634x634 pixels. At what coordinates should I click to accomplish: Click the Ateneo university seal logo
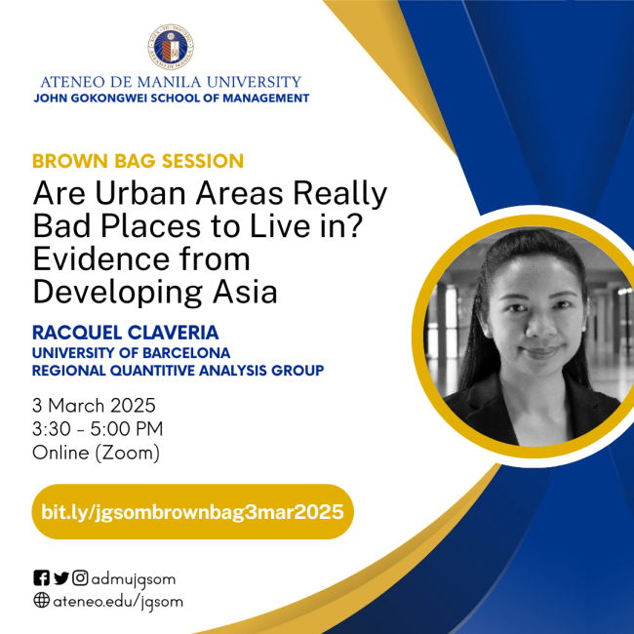(x=171, y=46)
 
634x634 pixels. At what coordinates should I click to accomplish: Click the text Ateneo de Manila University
(x=171, y=82)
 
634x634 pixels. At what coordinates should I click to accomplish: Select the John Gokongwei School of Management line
(x=171, y=99)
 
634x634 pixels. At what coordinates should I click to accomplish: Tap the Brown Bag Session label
(x=138, y=161)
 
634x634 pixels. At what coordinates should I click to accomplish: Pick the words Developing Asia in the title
(x=155, y=292)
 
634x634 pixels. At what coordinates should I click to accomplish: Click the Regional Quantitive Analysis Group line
(x=178, y=371)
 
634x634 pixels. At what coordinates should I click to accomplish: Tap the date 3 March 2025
(x=94, y=405)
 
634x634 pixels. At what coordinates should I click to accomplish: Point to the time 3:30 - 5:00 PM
(x=98, y=428)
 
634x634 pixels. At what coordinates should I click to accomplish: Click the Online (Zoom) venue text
(x=96, y=453)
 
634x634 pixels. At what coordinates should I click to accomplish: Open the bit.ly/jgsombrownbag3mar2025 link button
(x=192, y=511)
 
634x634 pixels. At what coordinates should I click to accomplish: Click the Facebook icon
(x=41, y=578)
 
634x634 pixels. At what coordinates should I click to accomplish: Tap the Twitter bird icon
(x=60, y=578)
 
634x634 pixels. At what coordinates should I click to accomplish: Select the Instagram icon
(x=80, y=578)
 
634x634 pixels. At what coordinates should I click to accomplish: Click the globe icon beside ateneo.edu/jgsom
(x=41, y=601)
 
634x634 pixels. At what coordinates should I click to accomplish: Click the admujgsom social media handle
(x=134, y=578)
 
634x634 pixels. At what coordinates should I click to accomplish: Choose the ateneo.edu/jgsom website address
(x=117, y=601)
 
